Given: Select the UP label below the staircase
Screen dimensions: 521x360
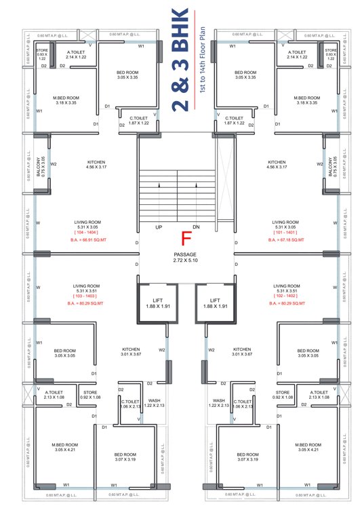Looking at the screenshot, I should click(x=159, y=227).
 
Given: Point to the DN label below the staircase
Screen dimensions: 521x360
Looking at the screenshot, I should click(x=197, y=227).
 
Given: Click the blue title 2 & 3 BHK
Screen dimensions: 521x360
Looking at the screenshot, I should click(x=180, y=60).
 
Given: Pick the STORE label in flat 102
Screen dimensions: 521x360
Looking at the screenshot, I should click(x=283, y=392).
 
